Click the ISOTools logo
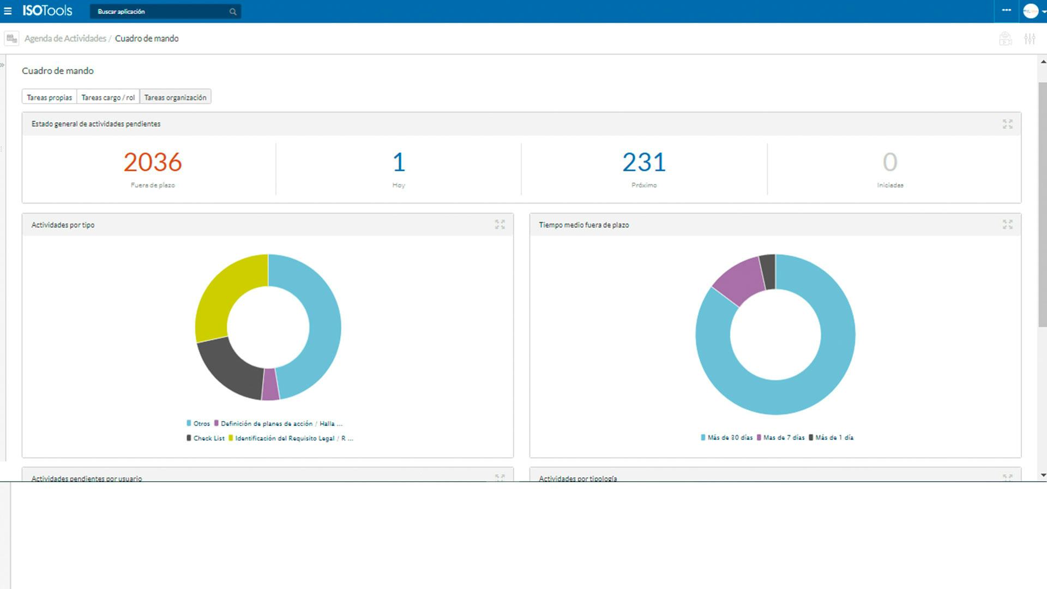pos(47,11)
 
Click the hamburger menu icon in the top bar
pos(8,11)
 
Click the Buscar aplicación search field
pos(161,11)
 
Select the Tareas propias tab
pos(49,97)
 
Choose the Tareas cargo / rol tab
pos(108,97)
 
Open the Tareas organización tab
pos(175,97)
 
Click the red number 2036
pos(153,162)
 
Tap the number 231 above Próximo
pos(644,162)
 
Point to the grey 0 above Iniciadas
pos(890,162)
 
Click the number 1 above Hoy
pos(399,162)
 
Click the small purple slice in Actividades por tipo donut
pos(270,385)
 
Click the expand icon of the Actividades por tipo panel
pos(500,225)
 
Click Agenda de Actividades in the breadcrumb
pos(65,39)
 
